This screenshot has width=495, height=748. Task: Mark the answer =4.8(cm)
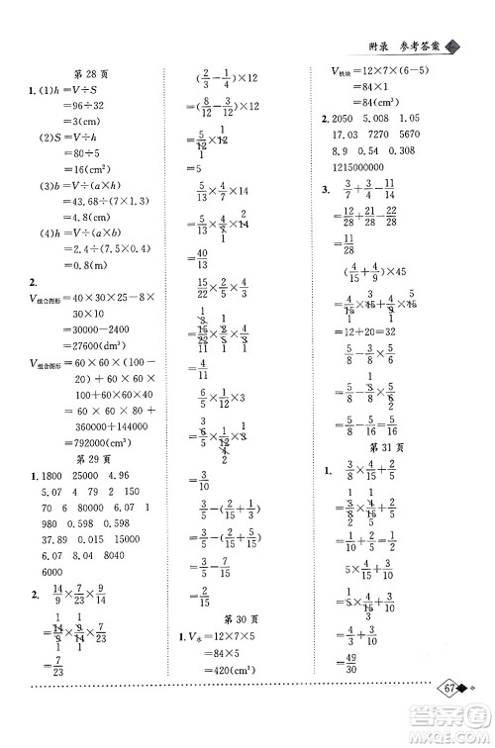[61, 225]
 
